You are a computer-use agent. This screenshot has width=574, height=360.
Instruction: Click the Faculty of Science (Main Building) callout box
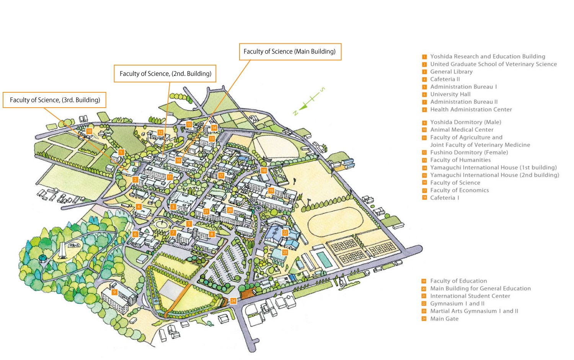290,52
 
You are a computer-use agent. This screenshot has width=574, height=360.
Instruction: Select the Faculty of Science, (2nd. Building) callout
165,74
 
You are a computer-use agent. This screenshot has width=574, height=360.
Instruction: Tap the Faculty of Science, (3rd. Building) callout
55,100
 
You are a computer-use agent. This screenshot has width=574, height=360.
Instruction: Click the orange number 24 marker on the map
233,301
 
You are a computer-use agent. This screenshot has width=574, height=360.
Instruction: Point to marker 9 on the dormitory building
114,292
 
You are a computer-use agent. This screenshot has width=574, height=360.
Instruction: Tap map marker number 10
89,131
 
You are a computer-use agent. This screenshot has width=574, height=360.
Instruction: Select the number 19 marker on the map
271,190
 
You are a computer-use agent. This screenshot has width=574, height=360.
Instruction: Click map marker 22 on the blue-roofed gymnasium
285,232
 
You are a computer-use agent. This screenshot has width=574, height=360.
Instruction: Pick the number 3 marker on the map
173,207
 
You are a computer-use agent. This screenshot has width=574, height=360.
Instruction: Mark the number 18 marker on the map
264,170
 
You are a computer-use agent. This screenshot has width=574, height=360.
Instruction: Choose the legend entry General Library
451,72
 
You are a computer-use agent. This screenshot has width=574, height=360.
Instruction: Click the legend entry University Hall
450,94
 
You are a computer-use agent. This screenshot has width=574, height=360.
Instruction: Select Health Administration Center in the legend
471,110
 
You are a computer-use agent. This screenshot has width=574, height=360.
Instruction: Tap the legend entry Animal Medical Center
461,130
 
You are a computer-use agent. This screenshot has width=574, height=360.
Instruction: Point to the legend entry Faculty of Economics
459,190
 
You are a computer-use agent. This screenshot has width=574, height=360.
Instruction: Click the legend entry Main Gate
444,319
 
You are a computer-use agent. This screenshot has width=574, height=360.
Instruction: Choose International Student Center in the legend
470,296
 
